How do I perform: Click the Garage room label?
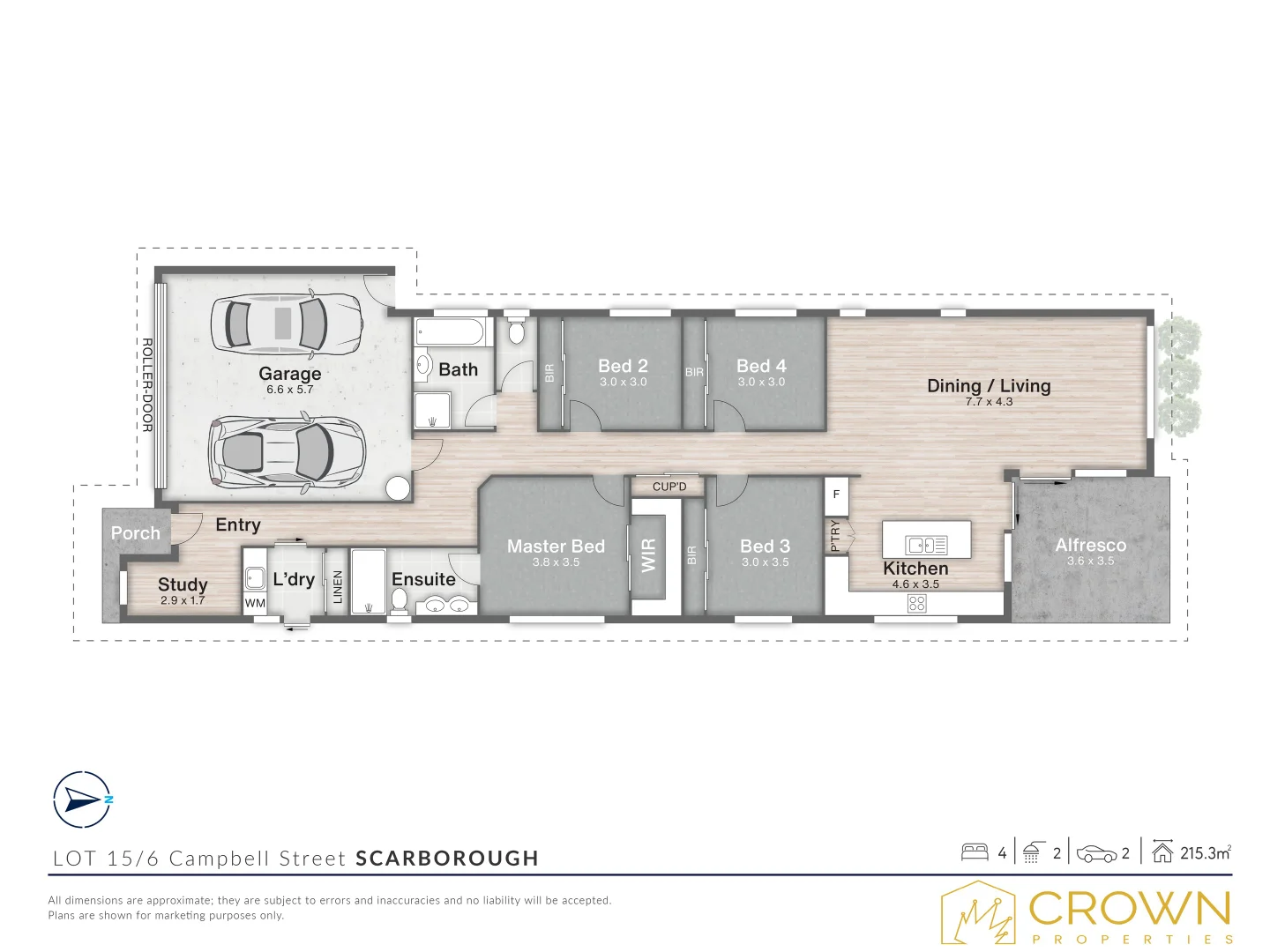(289, 374)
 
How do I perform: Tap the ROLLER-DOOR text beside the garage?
(147, 385)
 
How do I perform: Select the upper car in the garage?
(285, 323)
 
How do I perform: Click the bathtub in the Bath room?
(450, 332)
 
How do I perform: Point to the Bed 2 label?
(623, 366)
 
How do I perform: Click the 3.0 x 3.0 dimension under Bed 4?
(761, 383)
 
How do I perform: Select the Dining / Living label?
(989, 386)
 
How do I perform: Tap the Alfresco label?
(1090, 546)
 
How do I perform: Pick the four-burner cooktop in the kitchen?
(916, 604)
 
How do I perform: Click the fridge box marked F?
(836, 495)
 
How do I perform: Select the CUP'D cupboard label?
(669, 487)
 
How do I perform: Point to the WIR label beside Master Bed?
(649, 556)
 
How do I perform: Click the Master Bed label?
(556, 547)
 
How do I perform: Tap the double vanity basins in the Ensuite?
(446, 606)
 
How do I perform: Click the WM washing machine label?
(255, 604)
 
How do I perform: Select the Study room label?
(183, 584)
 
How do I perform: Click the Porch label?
(136, 533)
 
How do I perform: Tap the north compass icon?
(82, 800)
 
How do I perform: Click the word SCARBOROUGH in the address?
(447, 859)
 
